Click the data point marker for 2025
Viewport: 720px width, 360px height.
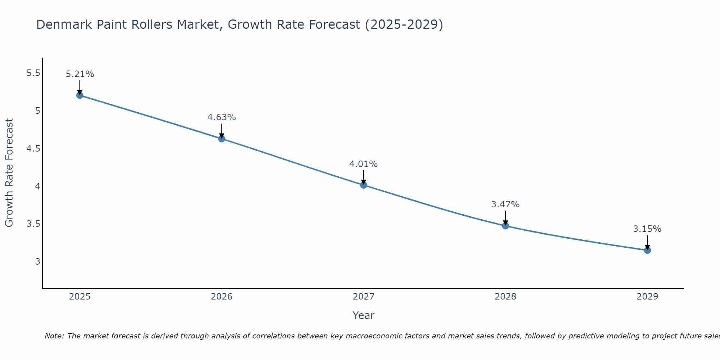(80, 95)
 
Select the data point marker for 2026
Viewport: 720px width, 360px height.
(221, 139)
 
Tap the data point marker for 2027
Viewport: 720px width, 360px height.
(363, 185)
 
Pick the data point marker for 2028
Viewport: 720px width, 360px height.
(505, 226)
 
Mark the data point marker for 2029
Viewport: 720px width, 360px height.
(647, 250)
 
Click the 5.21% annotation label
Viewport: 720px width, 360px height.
(80, 74)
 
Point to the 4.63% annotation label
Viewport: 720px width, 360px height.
(221, 117)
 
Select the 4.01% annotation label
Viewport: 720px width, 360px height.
(363, 164)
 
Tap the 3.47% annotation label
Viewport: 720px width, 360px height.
(505, 204)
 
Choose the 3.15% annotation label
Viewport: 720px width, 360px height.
(647, 229)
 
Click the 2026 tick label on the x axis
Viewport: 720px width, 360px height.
(221, 297)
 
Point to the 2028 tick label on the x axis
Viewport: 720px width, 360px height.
(505, 297)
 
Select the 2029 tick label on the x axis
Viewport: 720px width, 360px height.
(647, 297)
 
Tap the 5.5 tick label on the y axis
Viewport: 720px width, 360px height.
(33, 73)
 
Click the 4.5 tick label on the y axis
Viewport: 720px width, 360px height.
(33, 149)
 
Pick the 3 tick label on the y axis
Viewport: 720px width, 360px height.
(37, 261)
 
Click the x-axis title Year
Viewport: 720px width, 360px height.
(363, 315)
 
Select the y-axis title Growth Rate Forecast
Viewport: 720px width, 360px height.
(9, 173)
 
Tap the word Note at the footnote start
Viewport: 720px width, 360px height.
(54, 336)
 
